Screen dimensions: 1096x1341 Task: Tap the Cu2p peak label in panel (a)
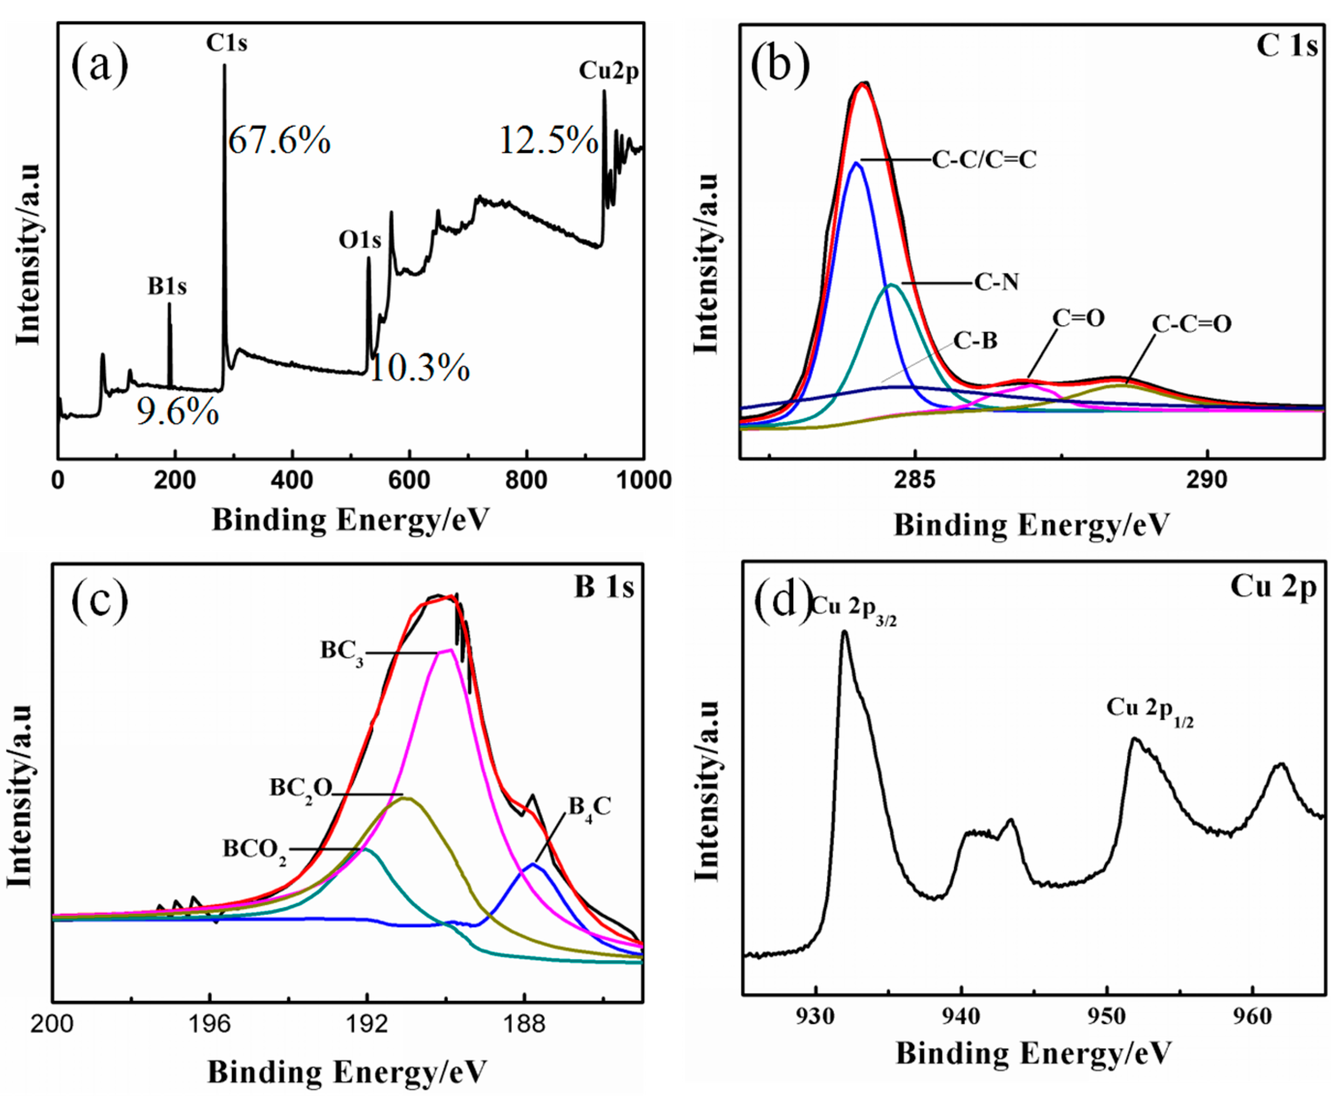tap(609, 71)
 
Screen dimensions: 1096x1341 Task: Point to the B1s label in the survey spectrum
tap(167, 286)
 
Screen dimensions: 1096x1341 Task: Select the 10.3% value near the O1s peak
tap(419, 368)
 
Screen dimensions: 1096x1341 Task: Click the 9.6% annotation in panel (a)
tap(178, 414)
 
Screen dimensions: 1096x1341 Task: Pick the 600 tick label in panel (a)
tap(409, 480)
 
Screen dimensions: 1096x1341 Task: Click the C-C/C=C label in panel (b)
tap(984, 160)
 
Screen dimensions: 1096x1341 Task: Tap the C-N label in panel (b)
tap(996, 282)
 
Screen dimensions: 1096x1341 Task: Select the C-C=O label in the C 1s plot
tap(1191, 325)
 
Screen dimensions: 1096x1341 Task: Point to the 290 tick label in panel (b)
tap(1206, 480)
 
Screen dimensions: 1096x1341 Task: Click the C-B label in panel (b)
tap(976, 341)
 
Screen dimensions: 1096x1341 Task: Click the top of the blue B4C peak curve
tap(533, 864)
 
